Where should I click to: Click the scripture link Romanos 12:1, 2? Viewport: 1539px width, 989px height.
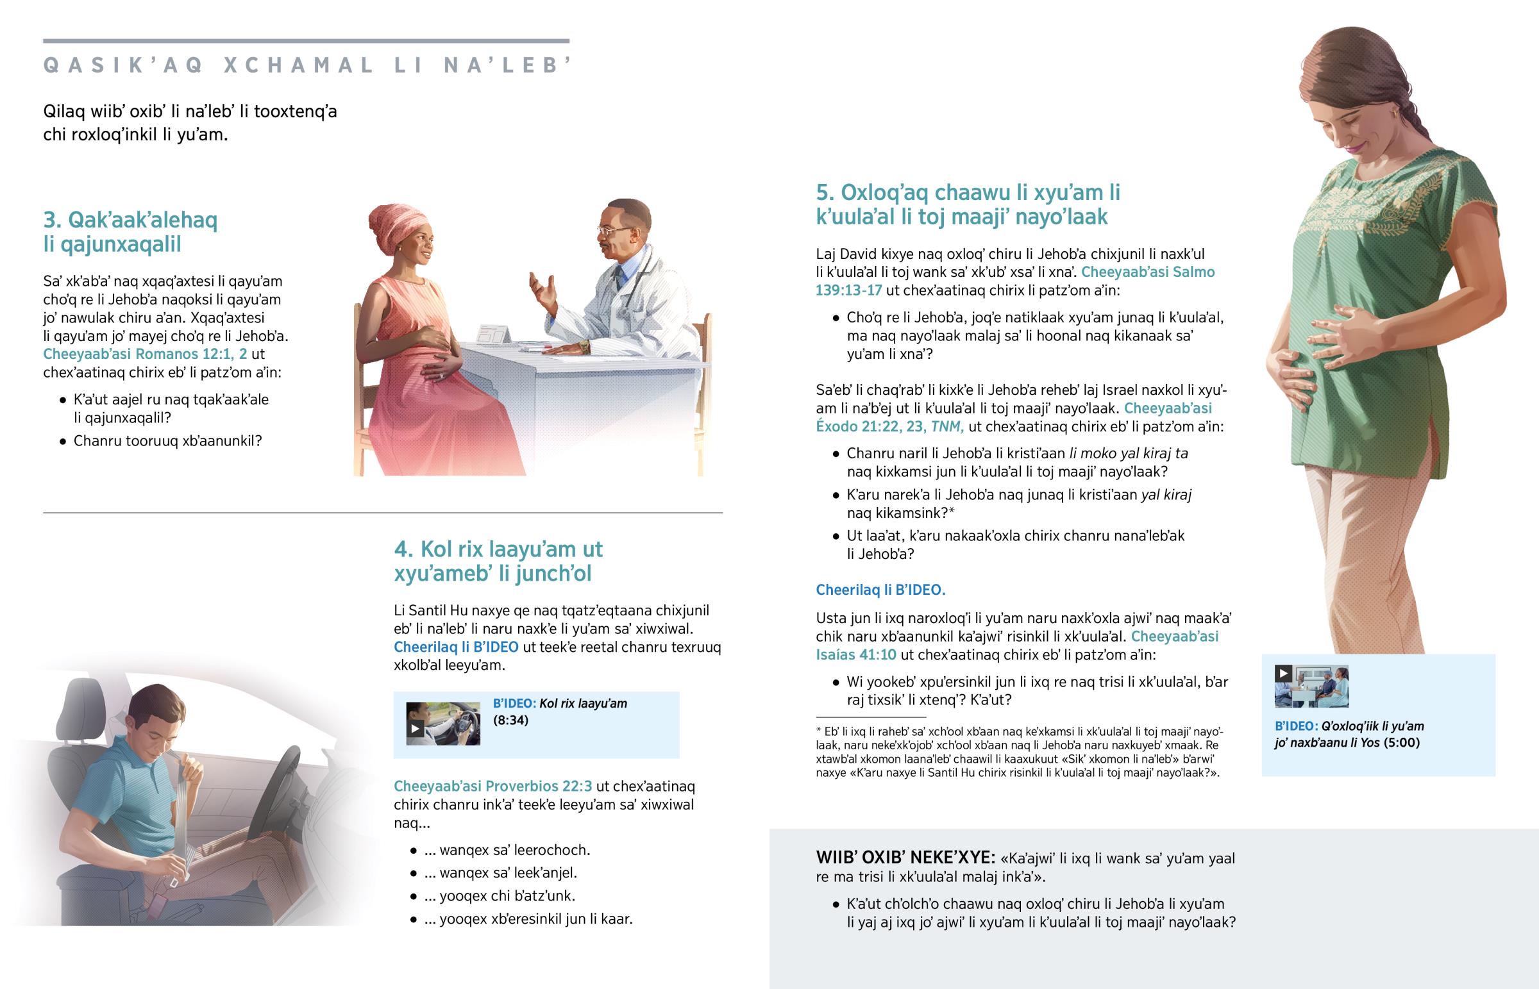click(145, 354)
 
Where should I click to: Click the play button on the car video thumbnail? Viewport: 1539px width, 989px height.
click(416, 728)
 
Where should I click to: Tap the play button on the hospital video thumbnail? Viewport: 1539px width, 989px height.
click(1283, 674)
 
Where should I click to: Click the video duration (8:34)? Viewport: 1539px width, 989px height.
click(510, 720)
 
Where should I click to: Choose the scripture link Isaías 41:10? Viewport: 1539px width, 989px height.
click(856, 655)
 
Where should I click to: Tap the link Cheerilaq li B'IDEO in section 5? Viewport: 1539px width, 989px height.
click(880, 590)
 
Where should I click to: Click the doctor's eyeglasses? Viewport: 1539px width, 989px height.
click(612, 229)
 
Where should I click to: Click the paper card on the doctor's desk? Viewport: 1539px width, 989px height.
click(492, 335)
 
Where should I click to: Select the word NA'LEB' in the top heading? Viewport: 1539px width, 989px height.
click(507, 65)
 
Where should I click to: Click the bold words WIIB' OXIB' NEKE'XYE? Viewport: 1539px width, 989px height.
click(905, 859)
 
